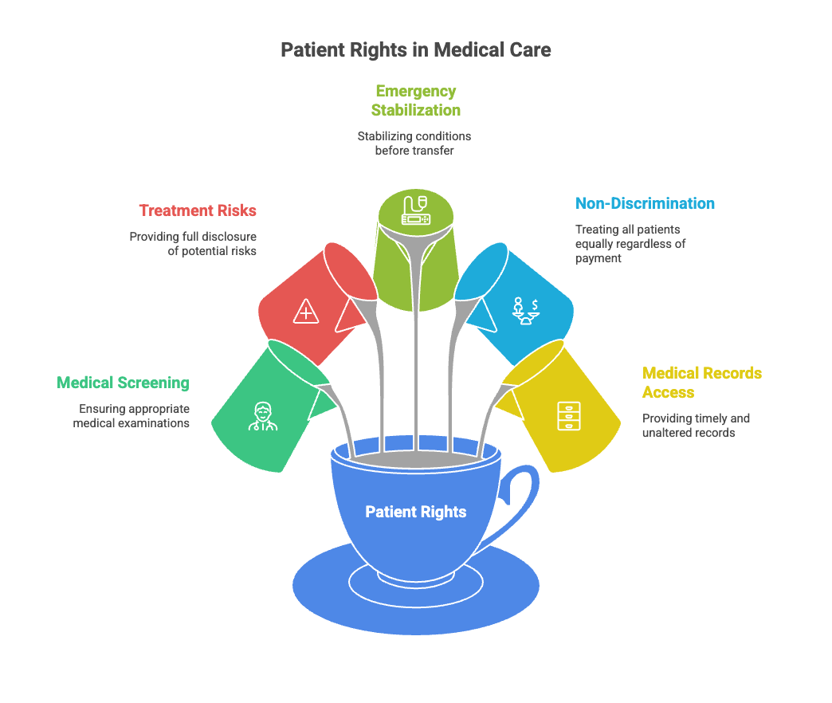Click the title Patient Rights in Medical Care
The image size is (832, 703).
415,50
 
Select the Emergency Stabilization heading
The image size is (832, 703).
415,100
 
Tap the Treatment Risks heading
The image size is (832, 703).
198,210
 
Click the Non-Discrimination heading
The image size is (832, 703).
645,203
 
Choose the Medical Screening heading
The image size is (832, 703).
123,383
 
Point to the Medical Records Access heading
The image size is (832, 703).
701,383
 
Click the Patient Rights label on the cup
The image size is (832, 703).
415,512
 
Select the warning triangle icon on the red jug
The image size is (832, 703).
305,312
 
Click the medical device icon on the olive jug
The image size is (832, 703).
414,210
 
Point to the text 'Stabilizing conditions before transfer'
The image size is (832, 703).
414,143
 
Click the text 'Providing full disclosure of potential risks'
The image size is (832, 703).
193,244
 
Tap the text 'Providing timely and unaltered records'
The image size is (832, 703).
695,426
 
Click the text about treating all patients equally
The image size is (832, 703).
630,243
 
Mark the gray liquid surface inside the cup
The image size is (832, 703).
415,460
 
